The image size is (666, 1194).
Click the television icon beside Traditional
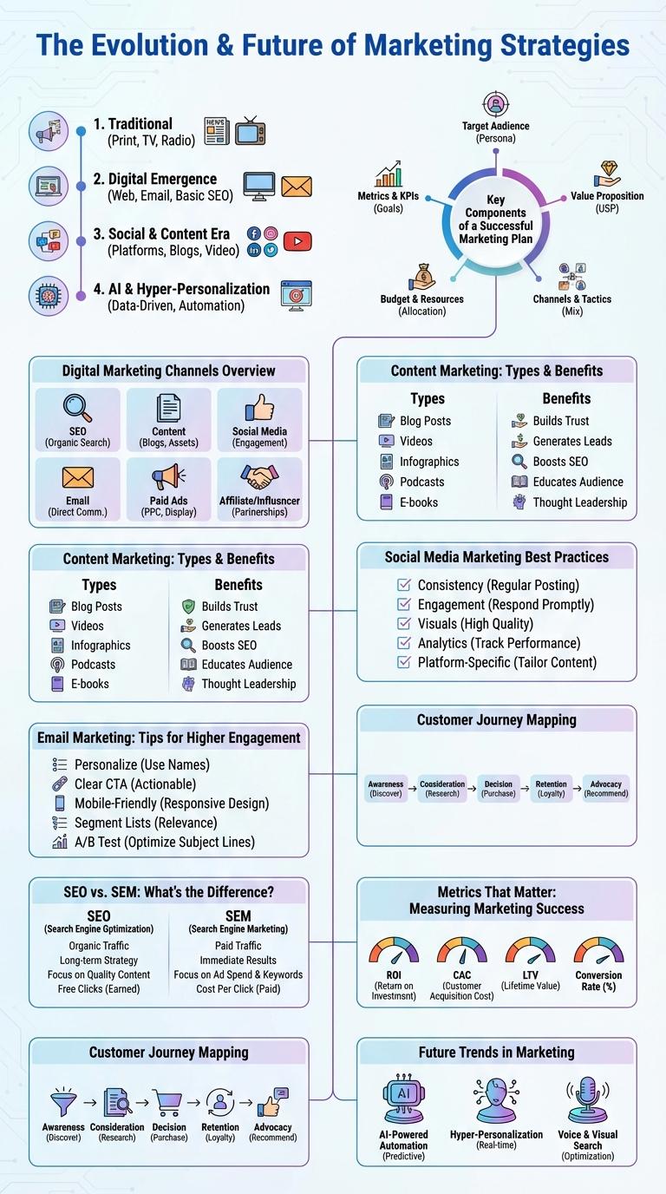tap(250, 130)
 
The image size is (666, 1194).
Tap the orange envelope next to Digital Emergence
tap(296, 186)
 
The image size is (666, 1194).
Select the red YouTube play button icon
tap(297, 241)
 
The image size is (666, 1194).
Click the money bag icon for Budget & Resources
tap(423, 277)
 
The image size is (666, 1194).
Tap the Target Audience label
tap(495, 126)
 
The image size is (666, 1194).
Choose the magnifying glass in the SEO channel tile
tap(78, 408)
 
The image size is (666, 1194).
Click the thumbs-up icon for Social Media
tap(259, 408)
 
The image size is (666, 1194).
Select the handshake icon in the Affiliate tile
tap(259, 477)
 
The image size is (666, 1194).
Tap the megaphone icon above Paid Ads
tap(168, 477)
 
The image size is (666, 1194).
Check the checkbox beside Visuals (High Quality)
tap(403, 623)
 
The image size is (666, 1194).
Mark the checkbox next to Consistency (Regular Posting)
tap(403, 585)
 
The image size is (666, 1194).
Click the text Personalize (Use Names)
tap(141, 764)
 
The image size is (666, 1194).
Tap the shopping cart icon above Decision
tap(168, 1101)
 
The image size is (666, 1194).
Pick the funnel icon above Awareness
tap(63, 1102)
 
